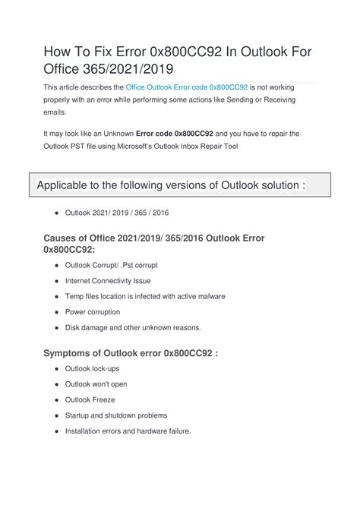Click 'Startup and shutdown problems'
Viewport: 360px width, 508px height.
127,416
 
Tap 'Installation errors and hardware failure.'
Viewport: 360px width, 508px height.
138,431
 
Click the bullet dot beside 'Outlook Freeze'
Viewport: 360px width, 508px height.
58,400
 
